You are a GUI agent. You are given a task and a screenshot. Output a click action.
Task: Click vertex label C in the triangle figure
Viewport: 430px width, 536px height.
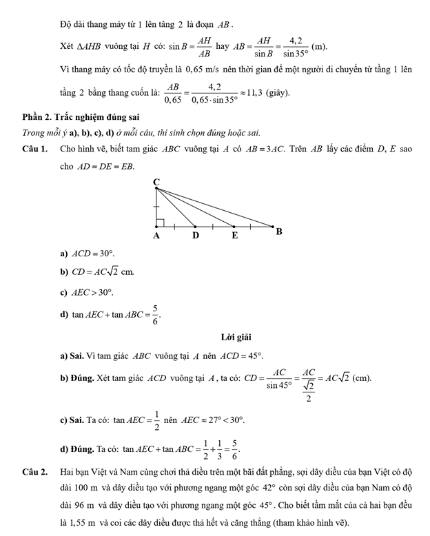tap(156, 182)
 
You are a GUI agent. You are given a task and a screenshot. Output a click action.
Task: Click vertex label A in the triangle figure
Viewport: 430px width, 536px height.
tap(156, 236)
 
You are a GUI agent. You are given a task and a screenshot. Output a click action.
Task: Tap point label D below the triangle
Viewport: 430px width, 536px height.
tap(196, 236)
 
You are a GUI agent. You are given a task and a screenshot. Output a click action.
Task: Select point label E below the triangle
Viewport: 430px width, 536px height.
tap(234, 236)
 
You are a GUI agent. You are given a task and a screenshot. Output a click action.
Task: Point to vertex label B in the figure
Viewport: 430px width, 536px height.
tap(279, 231)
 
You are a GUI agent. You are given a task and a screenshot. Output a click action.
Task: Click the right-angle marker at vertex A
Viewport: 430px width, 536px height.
tap(160, 223)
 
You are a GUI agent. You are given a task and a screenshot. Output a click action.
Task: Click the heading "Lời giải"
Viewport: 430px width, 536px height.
tap(236, 337)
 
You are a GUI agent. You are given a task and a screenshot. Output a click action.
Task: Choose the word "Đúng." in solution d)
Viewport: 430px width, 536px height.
tap(81, 449)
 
